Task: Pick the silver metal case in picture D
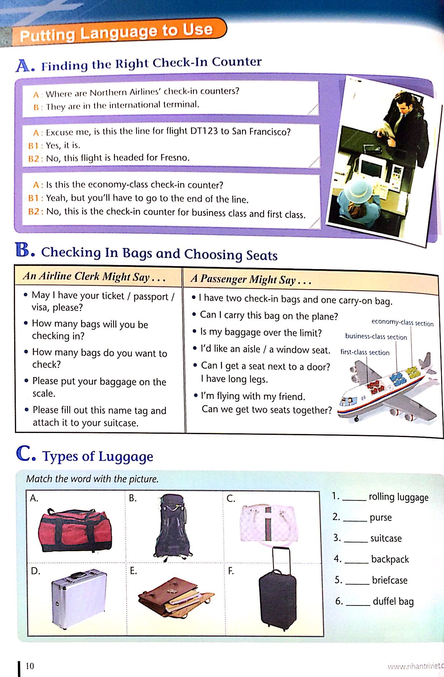point(79,599)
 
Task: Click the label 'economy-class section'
point(402,322)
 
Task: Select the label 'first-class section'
point(365,352)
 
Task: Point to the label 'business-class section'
point(376,337)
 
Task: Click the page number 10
point(30,666)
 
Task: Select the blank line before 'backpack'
point(356,561)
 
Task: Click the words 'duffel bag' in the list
point(393,601)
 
